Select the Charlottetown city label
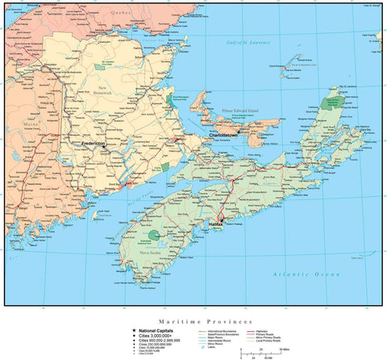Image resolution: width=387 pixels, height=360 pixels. click(x=228, y=136)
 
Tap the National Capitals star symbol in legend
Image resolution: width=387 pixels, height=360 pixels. click(x=123, y=330)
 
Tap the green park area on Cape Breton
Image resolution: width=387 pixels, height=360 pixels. click(x=331, y=103)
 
